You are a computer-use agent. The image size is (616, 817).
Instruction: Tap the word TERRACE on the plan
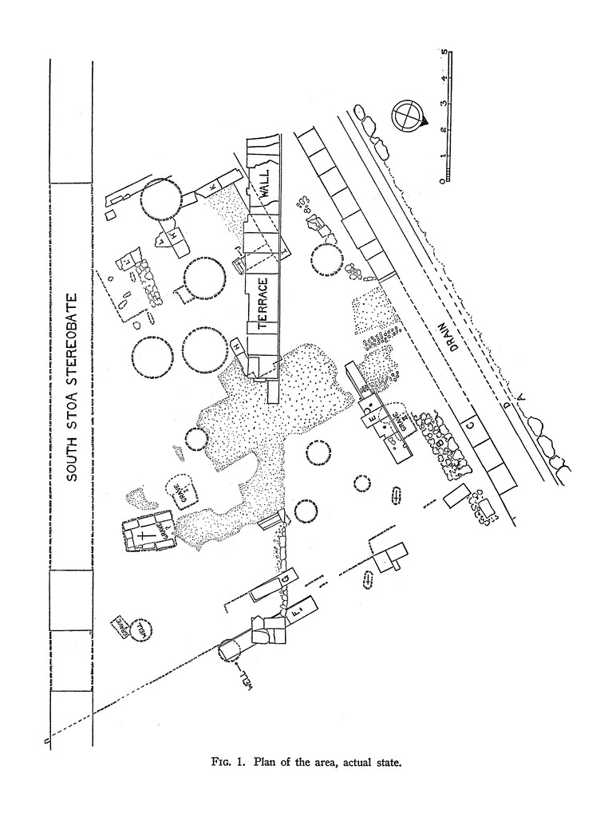pos(263,304)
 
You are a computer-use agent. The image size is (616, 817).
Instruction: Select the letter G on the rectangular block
pos(283,578)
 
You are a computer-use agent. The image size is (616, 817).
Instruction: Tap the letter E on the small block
pos(372,412)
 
